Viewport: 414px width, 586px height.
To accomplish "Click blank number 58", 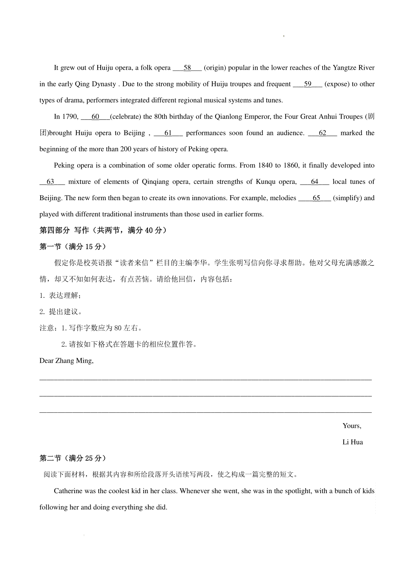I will (x=187, y=68).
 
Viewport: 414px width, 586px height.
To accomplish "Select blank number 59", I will (x=307, y=84).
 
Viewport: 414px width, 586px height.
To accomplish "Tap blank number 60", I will (x=95, y=117).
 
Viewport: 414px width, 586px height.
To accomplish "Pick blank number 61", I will (x=168, y=133).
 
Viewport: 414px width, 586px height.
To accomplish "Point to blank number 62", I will (x=322, y=133).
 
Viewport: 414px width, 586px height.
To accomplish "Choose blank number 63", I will (x=50, y=182).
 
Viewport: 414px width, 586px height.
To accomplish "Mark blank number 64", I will (x=314, y=182).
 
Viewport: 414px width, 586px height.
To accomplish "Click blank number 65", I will (x=316, y=198).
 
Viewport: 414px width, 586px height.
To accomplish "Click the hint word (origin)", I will (x=215, y=68).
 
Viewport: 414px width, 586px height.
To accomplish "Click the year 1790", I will (x=71, y=117).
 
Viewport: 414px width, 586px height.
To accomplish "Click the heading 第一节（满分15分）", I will (x=73, y=247).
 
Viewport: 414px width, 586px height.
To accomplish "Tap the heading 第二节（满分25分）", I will (x=73, y=458).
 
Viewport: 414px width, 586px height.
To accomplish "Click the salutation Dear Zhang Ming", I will (x=66, y=361).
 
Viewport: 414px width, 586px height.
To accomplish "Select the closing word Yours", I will (x=352, y=426).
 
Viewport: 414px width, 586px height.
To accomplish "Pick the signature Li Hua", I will (x=353, y=442).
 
